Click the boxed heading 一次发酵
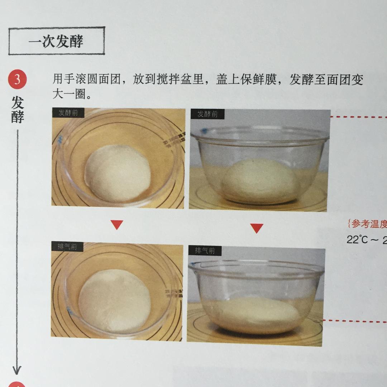tap(56, 41)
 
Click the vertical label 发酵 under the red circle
tap(17, 110)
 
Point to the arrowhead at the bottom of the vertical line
tap(17, 369)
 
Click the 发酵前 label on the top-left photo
tap(68, 113)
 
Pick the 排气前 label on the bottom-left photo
tap(67, 247)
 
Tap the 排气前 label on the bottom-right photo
tap(205, 250)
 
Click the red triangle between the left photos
tap(117, 225)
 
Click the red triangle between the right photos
tap(257, 228)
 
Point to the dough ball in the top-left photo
tap(118, 173)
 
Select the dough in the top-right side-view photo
tap(260, 181)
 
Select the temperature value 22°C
tap(357, 240)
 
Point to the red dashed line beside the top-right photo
tap(358, 117)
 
